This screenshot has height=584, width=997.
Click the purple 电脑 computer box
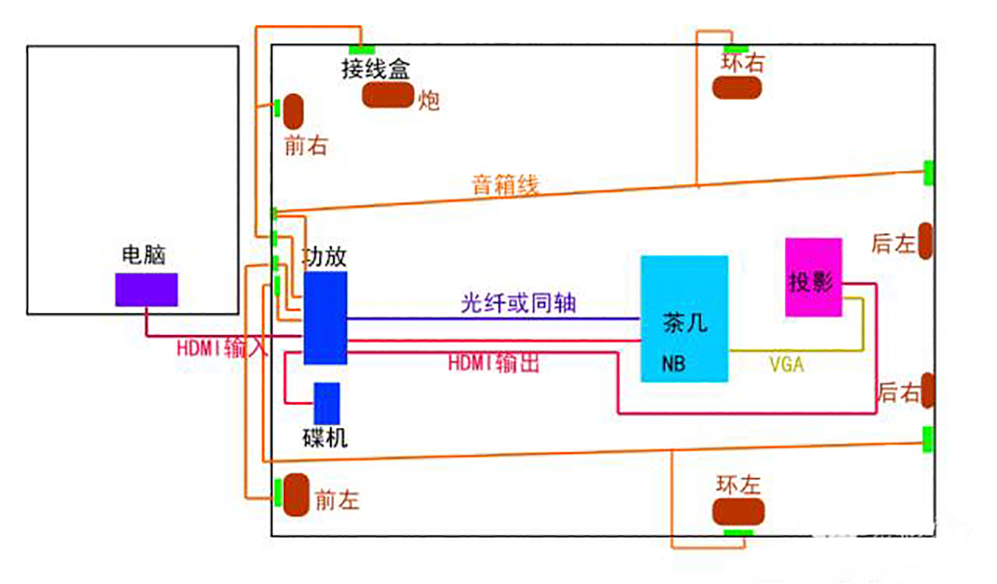coord(146,290)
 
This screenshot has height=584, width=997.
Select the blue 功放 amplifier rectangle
coord(325,318)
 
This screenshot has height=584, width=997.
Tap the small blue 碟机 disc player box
coord(326,403)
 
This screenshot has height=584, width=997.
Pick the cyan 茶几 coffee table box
coord(684,318)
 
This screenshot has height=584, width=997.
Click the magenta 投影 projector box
coord(813,277)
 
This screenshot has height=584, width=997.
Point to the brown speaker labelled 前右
coord(294,111)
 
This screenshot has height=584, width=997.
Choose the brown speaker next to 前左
coord(297,493)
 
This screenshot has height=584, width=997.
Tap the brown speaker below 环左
coord(738,512)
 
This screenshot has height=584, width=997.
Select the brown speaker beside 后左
coord(925,241)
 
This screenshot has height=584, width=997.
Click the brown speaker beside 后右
coord(928,391)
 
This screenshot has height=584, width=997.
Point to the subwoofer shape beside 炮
coord(388,96)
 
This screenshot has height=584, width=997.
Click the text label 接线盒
coord(375,69)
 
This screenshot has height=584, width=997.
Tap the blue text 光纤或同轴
coord(518,301)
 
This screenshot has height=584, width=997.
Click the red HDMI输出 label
coord(494,362)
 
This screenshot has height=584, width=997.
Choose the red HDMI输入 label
coord(222,348)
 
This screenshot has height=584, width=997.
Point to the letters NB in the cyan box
coord(673,363)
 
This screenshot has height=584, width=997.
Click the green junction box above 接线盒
coord(362,50)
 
